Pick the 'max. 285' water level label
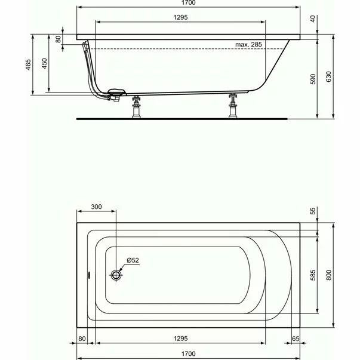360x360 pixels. tap(248, 45)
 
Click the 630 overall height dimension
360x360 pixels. tap(329, 77)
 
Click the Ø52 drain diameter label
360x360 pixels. tap(133, 260)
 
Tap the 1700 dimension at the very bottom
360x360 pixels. tap(189, 355)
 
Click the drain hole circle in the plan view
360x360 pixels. tap(116, 275)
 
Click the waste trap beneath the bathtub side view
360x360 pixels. tap(115, 94)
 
